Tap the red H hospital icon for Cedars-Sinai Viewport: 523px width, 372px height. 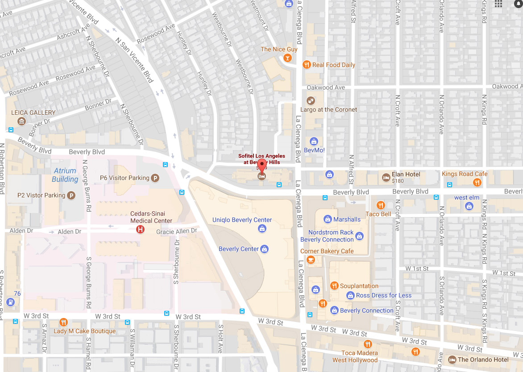click(x=140, y=230)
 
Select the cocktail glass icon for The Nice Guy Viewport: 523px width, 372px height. click(x=288, y=58)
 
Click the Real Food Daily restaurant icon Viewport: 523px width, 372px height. click(x=306, y=65)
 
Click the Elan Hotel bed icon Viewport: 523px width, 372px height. click(x=386, y=178)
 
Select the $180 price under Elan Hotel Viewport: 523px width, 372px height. click(x=397, y=181)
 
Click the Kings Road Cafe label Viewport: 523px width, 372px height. click(x=465, y=174)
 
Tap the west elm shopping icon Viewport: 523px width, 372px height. click(x=469, y=206)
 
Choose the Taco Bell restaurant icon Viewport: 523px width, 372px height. click(x=380, y=205)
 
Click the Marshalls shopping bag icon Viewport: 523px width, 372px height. click(x=328, y=219)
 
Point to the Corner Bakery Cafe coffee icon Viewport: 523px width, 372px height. click(x=311, y=259)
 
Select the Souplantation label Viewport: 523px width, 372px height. click(x=359, y=286)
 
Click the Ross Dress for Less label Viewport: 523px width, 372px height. click(x=384, y=295)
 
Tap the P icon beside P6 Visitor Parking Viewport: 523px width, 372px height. click(x=155, y=178)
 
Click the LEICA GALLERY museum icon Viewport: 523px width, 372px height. click(x=21, y=121)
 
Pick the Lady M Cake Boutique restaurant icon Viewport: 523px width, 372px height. click(x=63, y=322)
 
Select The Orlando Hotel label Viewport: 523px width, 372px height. click(x=483, y=359)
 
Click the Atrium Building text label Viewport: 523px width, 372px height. click(x=65, y=175)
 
